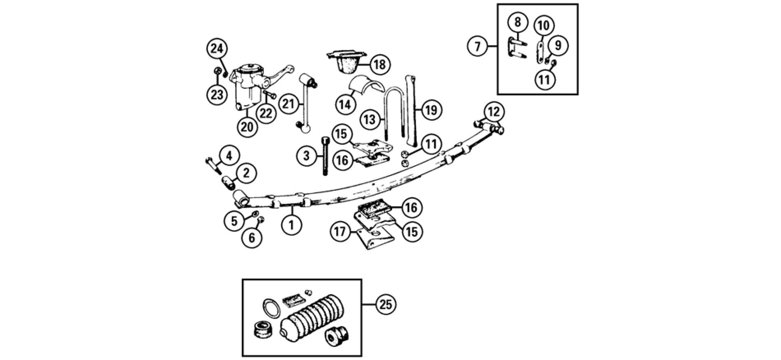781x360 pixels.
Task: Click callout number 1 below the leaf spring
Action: (x=291, y=224)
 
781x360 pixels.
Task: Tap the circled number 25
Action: (x=386, y=305)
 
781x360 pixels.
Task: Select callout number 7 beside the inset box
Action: (x=477, y=46)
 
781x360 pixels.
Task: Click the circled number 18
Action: (x=380, y=64)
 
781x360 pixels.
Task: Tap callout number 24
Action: (x=217, y=49)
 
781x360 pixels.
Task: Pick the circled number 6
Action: (x=252, y=237)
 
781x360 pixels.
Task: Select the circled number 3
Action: (x=307, y=156)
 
